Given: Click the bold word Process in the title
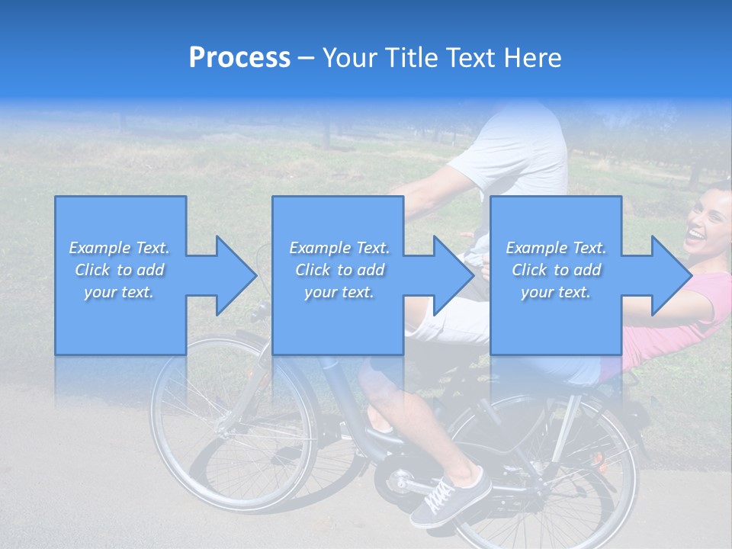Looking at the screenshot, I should tap(239, 58).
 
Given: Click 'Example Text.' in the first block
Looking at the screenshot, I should tap(119, 248).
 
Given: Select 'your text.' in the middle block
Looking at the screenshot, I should tap(339, 293).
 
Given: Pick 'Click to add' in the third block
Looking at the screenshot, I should tap(556, 270).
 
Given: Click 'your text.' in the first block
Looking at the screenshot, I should tap(119, 293).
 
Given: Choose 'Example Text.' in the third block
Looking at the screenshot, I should tap(556, 248).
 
